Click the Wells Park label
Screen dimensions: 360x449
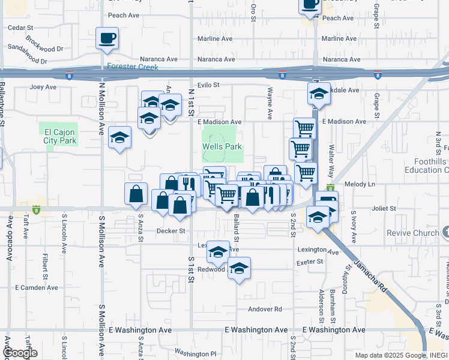(221, 146)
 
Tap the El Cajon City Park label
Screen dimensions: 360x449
(61, 136)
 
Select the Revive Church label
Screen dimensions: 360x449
(412, 233)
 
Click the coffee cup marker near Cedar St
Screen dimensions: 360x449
(107, 38)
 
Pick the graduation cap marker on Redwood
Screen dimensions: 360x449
(239, 268)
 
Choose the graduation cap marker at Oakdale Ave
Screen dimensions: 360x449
(319, 94)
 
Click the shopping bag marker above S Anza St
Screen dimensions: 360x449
(136, 193)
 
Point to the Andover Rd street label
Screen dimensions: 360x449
(266, 310)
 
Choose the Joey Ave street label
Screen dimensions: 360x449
(43, 87)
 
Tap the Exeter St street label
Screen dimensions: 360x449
(310, 262)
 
